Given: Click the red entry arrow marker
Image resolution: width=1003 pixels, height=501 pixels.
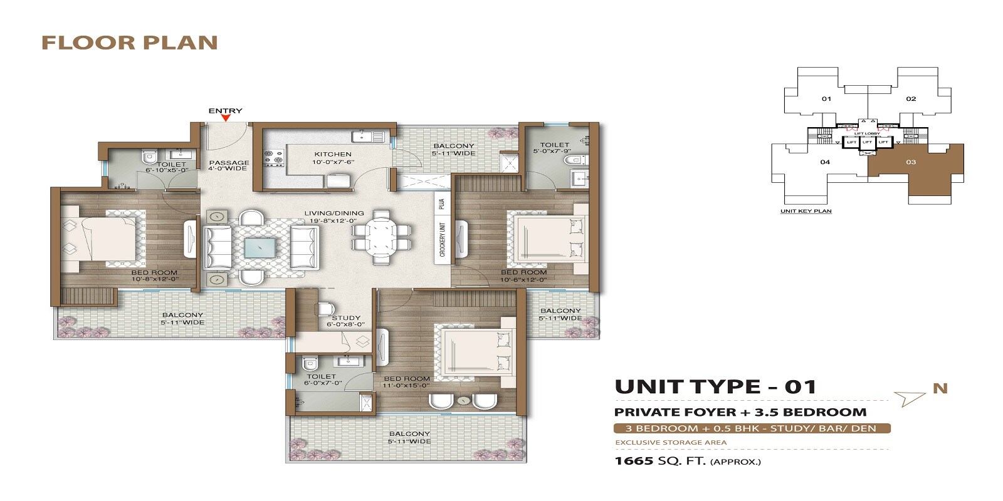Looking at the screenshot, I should pos(226,118).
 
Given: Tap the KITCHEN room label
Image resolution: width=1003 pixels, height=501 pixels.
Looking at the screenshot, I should pos(333,154).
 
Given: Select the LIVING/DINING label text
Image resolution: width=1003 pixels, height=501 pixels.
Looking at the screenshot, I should pos(333,214).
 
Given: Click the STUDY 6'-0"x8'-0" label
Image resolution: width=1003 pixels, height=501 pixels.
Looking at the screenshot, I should pos(346,321).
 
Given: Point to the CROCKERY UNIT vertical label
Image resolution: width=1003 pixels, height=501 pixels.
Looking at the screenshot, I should pos(443,239).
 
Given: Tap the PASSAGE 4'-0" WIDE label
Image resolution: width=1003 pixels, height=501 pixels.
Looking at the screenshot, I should pos(229,165).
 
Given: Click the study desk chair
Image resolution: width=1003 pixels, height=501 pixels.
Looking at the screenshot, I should pos(325,309).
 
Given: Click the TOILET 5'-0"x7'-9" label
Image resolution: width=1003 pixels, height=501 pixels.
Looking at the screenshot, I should pos(554,148).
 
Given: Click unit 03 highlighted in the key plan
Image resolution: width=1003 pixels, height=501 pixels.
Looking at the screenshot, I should pos(911,162).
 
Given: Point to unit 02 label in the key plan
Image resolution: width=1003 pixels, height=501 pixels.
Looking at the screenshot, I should pos(911,99).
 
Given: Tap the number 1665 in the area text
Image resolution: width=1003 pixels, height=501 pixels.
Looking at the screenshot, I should pos(634,462).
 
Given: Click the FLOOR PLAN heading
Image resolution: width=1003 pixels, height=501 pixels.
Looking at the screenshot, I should pos(130,43).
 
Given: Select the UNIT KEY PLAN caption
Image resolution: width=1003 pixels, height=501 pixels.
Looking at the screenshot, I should pos(806,211).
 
